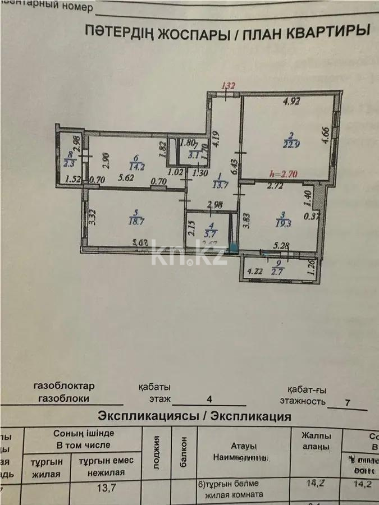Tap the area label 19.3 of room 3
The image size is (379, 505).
tap(282, 223)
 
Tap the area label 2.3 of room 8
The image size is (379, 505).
tap(70, 164)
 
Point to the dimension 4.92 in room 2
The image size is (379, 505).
tap(292, 102)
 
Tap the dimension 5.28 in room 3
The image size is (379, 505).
tap(280, 245)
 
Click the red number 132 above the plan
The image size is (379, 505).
tap(228, 86)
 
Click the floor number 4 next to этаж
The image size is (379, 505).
tap(209, 400)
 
